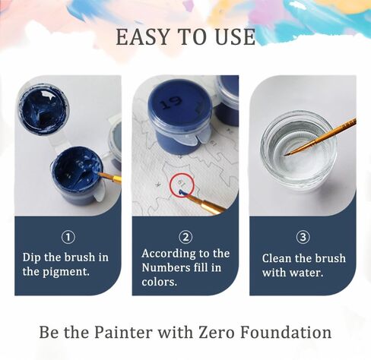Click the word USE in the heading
click(233, 37)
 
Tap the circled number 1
click(67, 237)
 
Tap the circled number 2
click(185, 237)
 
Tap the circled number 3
click(303, 237)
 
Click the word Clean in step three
click(278, 258)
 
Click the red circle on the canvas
click(182, 185)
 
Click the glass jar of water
click(298, 149)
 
